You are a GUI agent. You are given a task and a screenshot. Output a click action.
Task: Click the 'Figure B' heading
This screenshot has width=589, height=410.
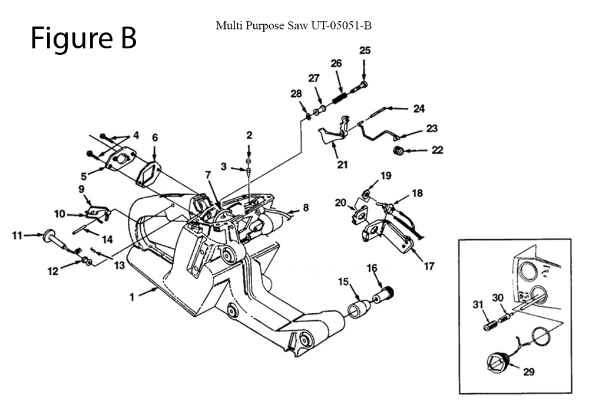tap(84, 38)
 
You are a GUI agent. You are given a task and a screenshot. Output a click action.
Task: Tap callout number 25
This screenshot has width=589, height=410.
tap(365, 51)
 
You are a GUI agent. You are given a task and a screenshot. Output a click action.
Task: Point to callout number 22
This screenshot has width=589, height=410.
tap(436, 150)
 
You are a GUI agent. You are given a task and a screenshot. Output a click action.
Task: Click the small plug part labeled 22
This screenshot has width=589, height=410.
tap(399, 151)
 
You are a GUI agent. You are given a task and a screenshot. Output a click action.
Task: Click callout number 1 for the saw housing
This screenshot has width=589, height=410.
tap(133, 297)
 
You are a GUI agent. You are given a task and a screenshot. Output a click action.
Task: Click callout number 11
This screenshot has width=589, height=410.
tap(17, 235)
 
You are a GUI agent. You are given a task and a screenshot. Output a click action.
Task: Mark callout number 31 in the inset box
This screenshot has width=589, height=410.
tap(477, 305)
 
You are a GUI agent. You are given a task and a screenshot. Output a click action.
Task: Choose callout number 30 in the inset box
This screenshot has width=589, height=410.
tap(497, 299)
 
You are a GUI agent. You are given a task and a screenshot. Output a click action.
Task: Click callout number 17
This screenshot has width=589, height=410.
tap(429, 266)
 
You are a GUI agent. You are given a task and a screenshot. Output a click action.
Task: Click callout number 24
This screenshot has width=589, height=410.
tap(419, 109)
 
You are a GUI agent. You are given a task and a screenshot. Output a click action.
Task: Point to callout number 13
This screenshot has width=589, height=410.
tap(120, 265)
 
